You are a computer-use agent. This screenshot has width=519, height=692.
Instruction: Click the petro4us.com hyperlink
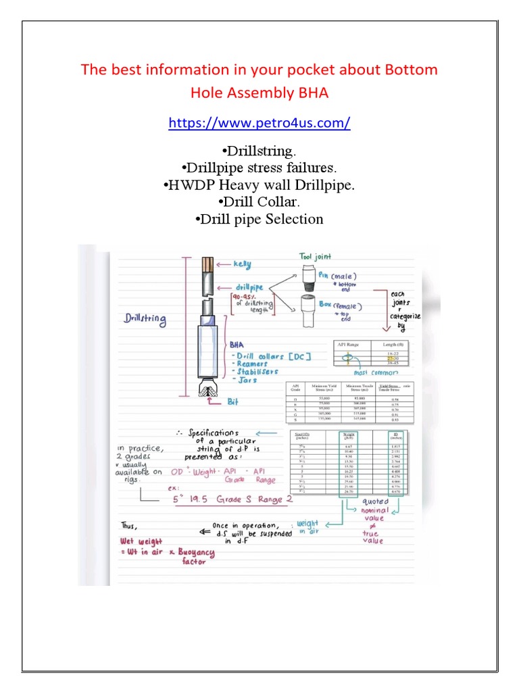click(259, 123)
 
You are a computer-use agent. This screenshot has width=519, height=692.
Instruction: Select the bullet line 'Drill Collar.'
click(259, 201)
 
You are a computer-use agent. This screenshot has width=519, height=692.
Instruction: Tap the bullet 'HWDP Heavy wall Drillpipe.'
click(259, 184)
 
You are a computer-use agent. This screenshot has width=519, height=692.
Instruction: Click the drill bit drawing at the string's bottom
click(205, 386)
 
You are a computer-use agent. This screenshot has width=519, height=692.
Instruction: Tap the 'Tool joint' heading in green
click(315, 256)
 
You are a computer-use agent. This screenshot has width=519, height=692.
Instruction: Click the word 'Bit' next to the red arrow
click(233, 401)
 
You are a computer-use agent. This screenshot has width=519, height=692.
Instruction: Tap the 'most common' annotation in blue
click(375, 372)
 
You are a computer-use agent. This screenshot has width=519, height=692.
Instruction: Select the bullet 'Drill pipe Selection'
click(259, 219)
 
